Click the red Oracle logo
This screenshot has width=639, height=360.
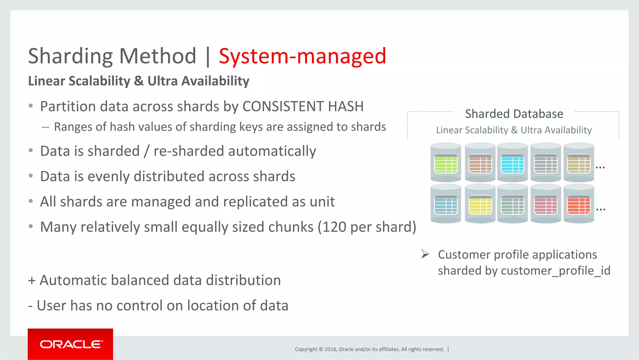[x=71, y=344]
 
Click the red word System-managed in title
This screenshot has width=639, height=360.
[x=302, y=56]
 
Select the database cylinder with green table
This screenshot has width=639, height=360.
[x=446, y=163]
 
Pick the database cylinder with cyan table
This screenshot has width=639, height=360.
[x=512, y=163]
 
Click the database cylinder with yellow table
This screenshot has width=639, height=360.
[x=480, y=204]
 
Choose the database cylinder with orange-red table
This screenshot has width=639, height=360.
[x=578, y=204]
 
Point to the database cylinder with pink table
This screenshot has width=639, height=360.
[x=545, y=204]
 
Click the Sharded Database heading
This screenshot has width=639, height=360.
[x=514, y=114]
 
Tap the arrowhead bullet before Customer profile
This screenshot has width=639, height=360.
[x=425, y=254]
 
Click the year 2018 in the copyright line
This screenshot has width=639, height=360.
[x=330, y=349]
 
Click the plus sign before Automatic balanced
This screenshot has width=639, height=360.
[x=32, y=280]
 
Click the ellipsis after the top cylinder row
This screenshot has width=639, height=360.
[x=600, y=168]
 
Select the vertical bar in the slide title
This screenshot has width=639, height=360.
[x=208, y=56]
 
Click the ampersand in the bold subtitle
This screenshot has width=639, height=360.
[x=139, y=81]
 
